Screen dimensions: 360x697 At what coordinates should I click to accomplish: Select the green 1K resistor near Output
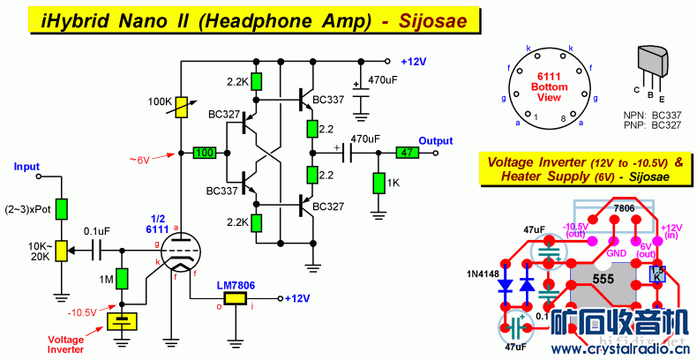(x=378, y=184)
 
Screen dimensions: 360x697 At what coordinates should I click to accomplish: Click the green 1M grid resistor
(x=123, y=281)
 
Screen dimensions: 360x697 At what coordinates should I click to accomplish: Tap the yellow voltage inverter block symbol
(x=123, y=320)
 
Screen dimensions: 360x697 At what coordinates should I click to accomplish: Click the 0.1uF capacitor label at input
(x=98, y=230)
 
